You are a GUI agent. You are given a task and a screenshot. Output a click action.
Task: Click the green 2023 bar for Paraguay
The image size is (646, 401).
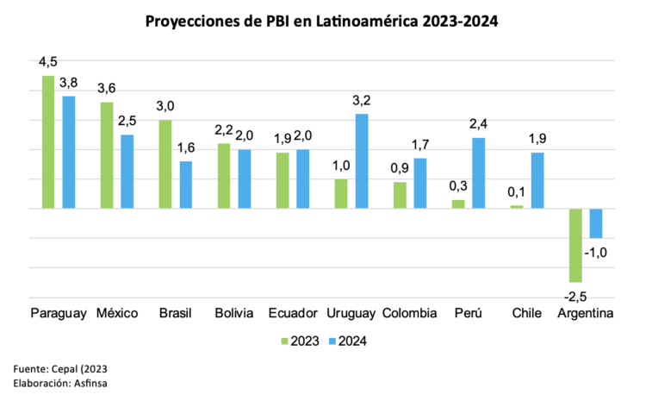tap(48, 142)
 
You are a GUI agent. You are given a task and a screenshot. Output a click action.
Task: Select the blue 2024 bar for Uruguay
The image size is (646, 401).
tap(362, 161)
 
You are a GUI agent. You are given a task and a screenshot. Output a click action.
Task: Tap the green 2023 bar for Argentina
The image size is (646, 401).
tap(575, 245)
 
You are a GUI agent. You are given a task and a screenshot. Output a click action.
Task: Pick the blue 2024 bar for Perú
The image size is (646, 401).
tap(479, 173)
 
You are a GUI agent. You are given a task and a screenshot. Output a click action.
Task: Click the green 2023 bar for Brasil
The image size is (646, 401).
tap(165, 164)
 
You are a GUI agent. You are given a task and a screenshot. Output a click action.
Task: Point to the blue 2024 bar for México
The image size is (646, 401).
tap(127, 172)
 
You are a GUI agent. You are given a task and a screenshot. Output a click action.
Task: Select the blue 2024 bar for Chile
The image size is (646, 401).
tap(537, 180)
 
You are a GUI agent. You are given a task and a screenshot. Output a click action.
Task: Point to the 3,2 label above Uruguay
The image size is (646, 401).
tap(362, 101)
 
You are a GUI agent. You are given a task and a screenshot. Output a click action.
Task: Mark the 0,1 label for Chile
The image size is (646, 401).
tap(518, 192)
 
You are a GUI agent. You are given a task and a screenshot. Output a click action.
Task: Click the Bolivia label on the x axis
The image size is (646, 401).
tap(234, 313)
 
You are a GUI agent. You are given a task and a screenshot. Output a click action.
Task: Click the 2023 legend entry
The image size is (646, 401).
tap(301, 341)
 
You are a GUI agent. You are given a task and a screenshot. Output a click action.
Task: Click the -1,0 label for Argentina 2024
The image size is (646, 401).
tap(596, 253)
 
